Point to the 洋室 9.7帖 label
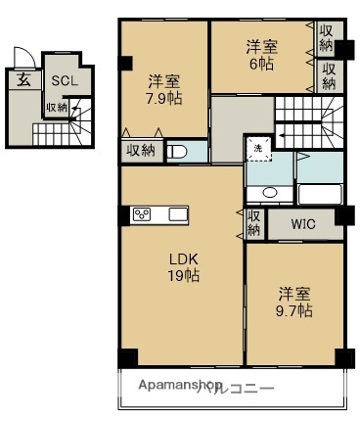click(x=294, y=302)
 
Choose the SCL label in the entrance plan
click(x=65, y=81)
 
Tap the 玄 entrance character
click(x=22, y=81)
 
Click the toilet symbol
click(x=177, y=151)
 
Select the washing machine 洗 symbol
click(x=257, y=148)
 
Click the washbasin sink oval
click(x=270, y=193)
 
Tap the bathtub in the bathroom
click(x=318, y=193)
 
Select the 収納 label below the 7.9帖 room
click(x=139, y=150)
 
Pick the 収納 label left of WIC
click(x=253, y=223)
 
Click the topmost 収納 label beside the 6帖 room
click(x=327, y=38)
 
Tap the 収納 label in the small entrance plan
click(x=56, y=108)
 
